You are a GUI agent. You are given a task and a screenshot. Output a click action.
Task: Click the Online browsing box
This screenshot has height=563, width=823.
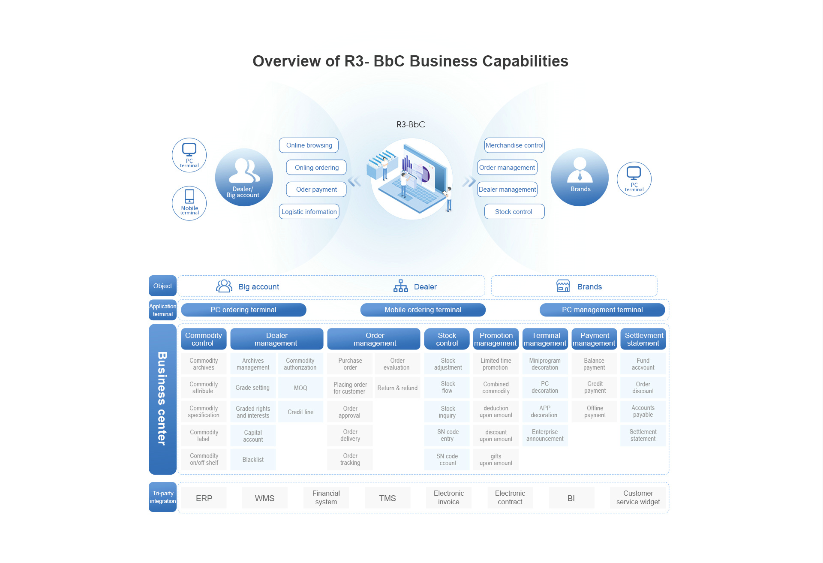[x=309, y=145]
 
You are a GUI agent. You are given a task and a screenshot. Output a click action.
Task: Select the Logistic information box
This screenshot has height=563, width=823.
[x=309, y=211]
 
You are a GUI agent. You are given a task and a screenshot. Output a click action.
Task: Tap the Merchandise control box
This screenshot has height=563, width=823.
[x=514, y=145]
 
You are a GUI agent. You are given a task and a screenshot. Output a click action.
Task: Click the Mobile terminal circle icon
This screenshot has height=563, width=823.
[x=189, y=203]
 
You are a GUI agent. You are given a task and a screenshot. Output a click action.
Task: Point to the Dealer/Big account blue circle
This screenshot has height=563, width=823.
[x=244, y=177]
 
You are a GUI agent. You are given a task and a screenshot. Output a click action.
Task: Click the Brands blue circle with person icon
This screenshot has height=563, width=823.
[x=580, y=177]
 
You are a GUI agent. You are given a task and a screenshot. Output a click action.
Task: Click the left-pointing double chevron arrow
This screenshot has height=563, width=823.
[x=354, y=182]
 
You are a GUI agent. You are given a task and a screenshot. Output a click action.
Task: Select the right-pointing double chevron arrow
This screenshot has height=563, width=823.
[x=469, y=182]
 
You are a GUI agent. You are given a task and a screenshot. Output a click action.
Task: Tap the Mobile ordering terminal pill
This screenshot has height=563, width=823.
[x=423, y=310]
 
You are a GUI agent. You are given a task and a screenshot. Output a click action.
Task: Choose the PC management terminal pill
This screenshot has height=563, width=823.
[x=602, y=310]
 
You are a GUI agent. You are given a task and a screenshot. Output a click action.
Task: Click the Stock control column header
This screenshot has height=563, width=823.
[x=447, y=339]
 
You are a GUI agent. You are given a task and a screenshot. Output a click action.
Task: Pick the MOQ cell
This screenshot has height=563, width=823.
[x=300, y=388]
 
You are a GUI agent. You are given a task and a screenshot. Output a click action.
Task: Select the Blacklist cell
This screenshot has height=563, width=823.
[x=253, y=460]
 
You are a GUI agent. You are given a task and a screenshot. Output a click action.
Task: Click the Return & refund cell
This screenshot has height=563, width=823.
[x=397, y=388]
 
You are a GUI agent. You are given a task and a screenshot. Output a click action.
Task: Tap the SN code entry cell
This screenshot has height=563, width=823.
[x=447, y=435]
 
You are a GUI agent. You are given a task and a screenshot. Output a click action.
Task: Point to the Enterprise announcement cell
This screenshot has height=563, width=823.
[x=545, y=435]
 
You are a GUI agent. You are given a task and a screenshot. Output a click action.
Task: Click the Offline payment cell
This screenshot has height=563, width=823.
[x=595, y=412]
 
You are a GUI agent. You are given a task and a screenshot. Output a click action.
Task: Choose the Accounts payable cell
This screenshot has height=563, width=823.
[x=643, y=412]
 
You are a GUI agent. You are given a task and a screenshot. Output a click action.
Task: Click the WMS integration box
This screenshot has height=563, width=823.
[x=264, y=498]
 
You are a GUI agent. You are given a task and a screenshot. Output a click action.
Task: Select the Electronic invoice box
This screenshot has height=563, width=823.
[x=449, y=498]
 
